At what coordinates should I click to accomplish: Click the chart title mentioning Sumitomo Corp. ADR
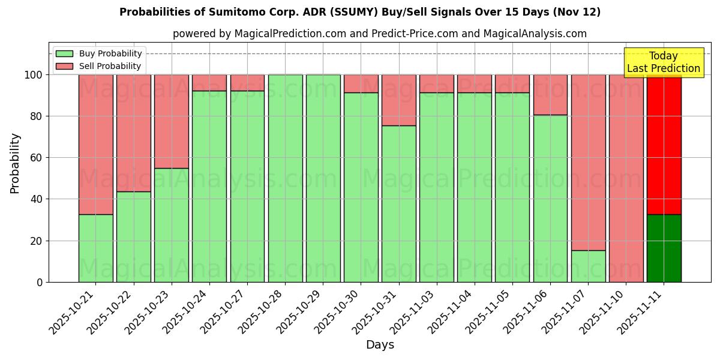360,12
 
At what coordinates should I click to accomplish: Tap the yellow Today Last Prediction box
663,62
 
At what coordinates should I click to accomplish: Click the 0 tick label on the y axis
40,282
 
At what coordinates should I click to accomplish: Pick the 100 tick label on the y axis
34,75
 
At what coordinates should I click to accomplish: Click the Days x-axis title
380,345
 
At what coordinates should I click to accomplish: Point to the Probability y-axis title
15,163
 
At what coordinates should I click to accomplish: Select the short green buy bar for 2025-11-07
588,266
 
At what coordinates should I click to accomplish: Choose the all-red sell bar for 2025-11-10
626,178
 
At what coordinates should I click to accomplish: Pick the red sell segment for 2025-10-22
133,133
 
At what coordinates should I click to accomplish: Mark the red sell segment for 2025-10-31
398,100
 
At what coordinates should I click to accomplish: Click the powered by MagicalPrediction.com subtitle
379,34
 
